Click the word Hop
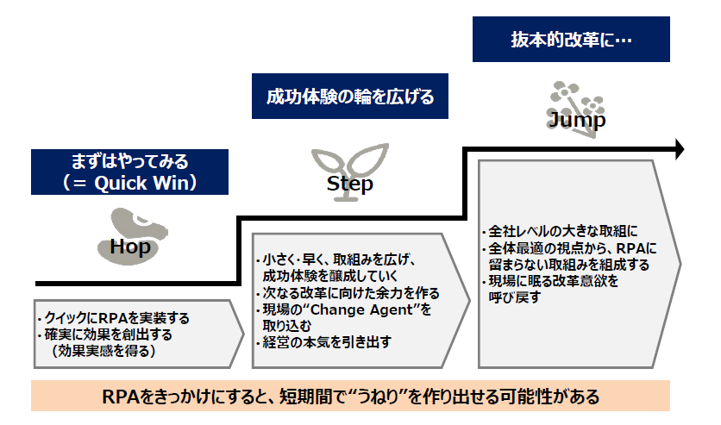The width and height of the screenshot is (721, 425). click(x=130, y=247)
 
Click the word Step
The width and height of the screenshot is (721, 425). click(x=350, y=184)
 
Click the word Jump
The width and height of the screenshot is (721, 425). click(x=576, y=120)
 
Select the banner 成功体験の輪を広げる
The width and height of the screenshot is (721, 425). click(x=349, y=96)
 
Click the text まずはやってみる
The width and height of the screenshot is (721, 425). click(x=129, y=161)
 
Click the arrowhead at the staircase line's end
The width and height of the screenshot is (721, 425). click(x=679, y=149)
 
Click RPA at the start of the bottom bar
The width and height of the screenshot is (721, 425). click(x=120, y=397)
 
